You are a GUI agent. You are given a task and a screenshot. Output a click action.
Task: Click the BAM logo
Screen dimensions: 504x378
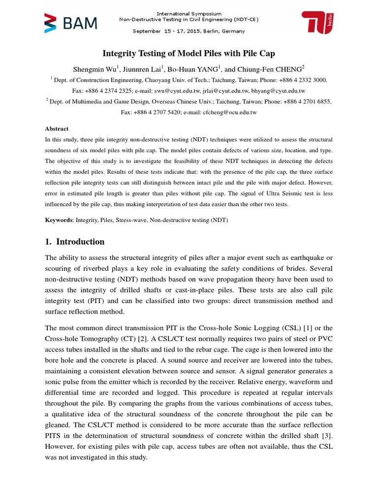tap(71, 23)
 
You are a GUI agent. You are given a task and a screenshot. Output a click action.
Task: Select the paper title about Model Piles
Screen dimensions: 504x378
tap(189, 53)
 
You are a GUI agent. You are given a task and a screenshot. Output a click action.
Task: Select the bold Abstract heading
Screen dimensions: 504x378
tap(57, 128)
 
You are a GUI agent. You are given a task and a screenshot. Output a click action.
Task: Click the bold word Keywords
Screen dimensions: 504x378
tap(59, 220)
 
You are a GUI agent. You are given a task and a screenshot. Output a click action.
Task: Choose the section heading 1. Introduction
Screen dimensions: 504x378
tap(75, 242)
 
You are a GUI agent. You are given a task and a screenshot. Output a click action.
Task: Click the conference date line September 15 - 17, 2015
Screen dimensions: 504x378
tap(189, 31)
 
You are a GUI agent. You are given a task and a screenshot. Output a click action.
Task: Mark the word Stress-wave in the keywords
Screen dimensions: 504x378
tap(129, 220)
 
